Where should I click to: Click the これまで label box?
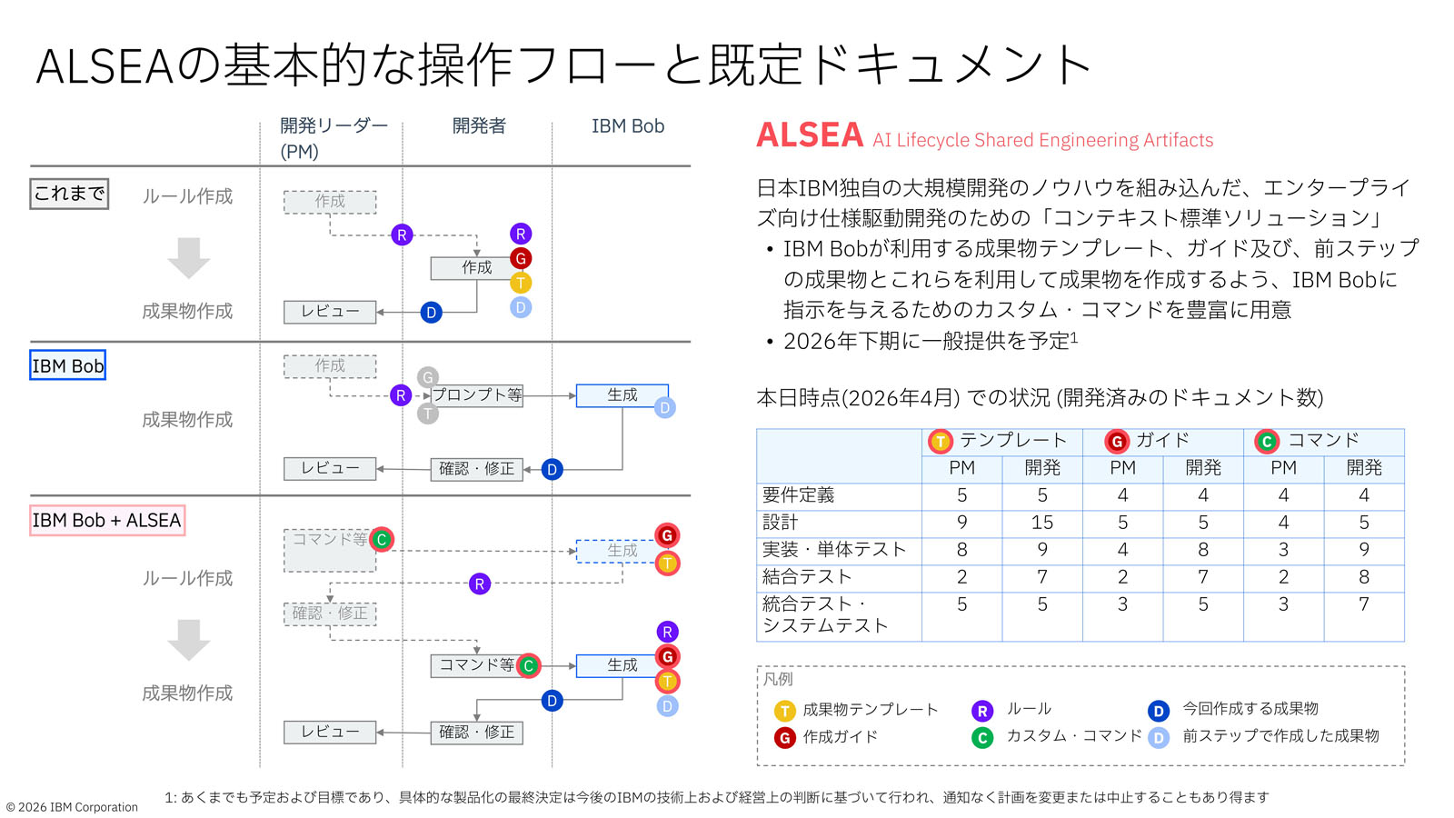pos(69,194)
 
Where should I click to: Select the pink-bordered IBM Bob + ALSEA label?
pos(107,520)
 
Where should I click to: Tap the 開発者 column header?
pos(478,126)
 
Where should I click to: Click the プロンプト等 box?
pos(477,395)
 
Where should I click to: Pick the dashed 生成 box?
pos(622,551)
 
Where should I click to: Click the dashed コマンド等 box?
pos(329,550)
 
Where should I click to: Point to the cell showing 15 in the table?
pos(1041,523)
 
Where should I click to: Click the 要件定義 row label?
pos(799,495)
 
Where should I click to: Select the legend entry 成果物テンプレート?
pos(870,710)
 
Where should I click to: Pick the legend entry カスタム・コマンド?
pos(1072,736)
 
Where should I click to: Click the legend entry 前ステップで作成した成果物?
pos(1280,736)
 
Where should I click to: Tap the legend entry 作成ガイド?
pos(840,737)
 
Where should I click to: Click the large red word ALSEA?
pos(809,136)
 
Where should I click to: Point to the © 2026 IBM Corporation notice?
pos(73,807)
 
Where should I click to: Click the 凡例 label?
pos(778,679)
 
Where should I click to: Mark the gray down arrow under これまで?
pos(189,257)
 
